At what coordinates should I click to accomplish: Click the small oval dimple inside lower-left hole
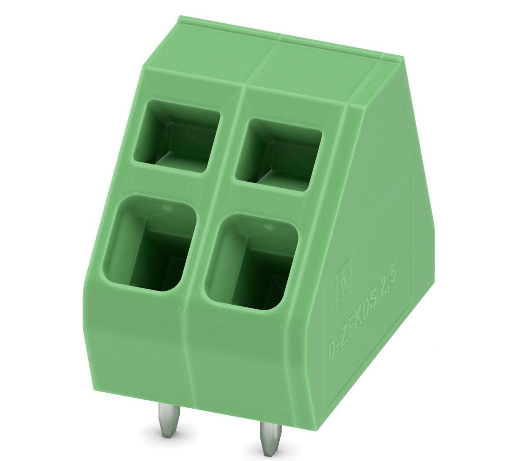167,208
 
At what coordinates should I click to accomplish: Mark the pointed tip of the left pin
166,436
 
